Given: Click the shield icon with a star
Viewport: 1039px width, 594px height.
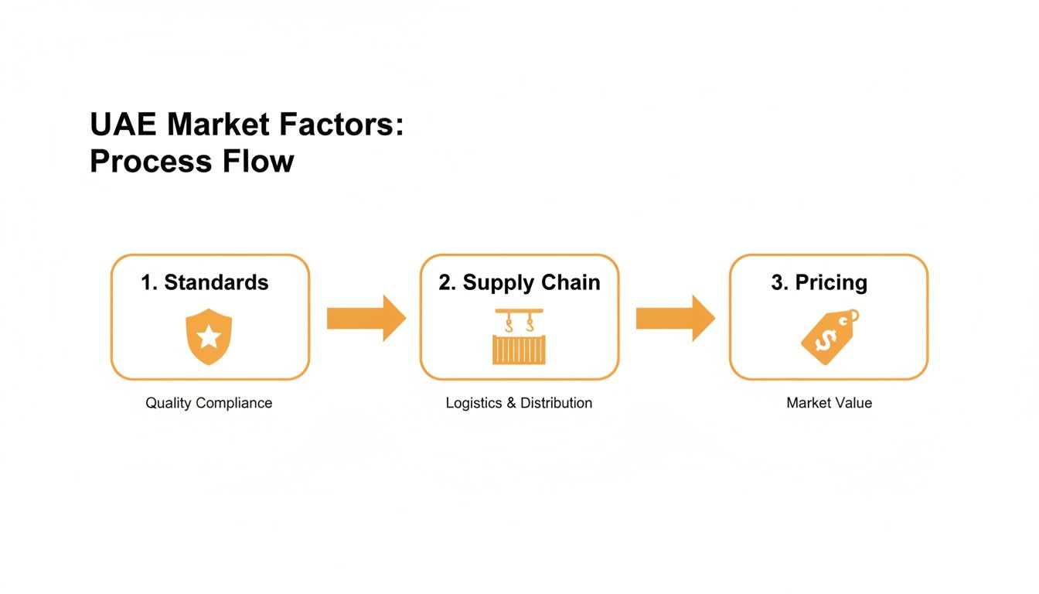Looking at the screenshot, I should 209,336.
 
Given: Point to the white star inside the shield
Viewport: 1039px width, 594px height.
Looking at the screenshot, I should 209,337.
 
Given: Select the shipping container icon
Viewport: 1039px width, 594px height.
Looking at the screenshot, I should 519,349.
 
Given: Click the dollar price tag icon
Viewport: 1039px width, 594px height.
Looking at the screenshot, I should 828,336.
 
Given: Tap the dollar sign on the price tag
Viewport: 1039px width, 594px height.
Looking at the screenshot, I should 822,340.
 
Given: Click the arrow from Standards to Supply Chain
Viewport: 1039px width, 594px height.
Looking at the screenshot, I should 366,318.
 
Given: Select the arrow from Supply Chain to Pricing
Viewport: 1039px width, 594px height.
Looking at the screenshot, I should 675,318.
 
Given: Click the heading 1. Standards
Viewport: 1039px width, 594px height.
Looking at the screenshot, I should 205,282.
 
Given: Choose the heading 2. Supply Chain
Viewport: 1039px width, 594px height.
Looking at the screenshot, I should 519,282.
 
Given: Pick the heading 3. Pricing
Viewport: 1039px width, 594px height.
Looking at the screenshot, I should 819,282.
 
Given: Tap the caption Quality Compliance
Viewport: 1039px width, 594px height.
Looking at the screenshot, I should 209,403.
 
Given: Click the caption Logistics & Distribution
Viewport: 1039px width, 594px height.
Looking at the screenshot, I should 519,403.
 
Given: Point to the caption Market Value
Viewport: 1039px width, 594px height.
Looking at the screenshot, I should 829,403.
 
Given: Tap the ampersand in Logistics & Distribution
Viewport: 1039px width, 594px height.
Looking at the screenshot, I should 511,403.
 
